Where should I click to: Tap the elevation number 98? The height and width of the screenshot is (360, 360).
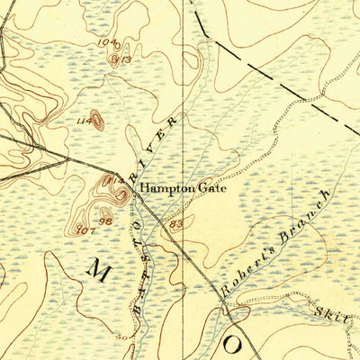(x=105, y=221)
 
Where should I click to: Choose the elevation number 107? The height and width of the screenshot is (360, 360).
(x=86, y=230)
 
